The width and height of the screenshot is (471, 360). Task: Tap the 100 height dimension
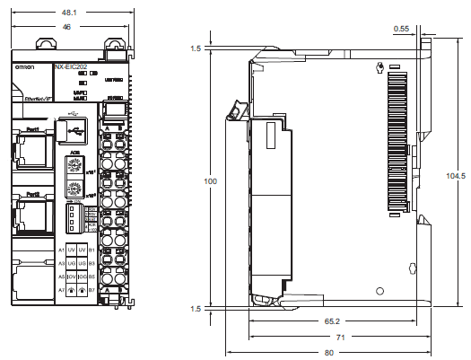click(x=210, y=181)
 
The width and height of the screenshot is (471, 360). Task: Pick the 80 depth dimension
click(x=328, y=352)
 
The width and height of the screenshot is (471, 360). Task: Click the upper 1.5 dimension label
click(x=196, y=48)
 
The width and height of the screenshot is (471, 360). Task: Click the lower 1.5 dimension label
click(x=196, y=309)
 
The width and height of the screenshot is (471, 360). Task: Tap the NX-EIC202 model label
click(x=72, y=66)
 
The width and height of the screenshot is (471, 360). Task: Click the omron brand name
click(x=24, y=68)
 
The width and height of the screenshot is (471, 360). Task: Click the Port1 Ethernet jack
click(x=31, y=148)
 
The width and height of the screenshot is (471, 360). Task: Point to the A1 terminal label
click(x=62, y=249)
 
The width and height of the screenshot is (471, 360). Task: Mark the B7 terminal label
click(x=92, y=291)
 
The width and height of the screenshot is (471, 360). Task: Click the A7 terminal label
click(x=62, y=291)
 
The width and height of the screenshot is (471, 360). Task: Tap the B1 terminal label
click(x=92, y=249)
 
